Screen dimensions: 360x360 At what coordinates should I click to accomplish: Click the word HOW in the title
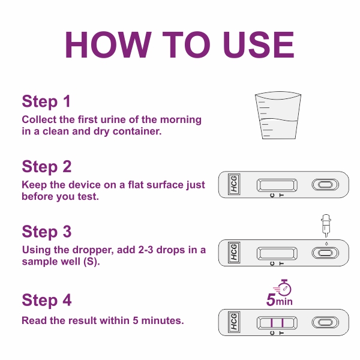[x=108, y=45]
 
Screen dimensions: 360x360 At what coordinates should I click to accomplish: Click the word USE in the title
[x=259, y=45]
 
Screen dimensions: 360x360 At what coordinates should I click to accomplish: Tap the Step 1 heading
[x=46, y=101]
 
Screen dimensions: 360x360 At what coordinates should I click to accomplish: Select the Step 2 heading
[x=47, y=166]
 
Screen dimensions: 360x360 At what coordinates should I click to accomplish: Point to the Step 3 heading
[x=47, y=232]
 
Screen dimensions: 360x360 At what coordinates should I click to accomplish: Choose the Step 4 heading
[x=47, y=300]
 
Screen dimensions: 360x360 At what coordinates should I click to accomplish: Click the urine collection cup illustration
[x=278, y=115]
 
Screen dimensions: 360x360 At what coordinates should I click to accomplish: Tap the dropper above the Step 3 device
[x=326, y=226]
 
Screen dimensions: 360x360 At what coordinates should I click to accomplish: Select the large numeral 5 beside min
[x=271, y=299]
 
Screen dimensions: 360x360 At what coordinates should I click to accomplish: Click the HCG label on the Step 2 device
[x=234, y=184]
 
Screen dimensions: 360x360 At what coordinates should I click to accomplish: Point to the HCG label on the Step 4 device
[x=234, y=322]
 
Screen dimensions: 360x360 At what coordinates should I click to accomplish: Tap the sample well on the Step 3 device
[x=325, y=253]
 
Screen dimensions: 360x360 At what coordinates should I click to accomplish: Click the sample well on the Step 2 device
[x=325, y=185]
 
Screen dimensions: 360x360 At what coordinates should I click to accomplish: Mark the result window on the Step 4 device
[x=277, y=323]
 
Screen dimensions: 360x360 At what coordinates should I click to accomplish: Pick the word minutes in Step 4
[x=163, y=320]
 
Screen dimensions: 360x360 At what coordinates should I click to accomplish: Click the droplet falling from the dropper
[x=326, y=244]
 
